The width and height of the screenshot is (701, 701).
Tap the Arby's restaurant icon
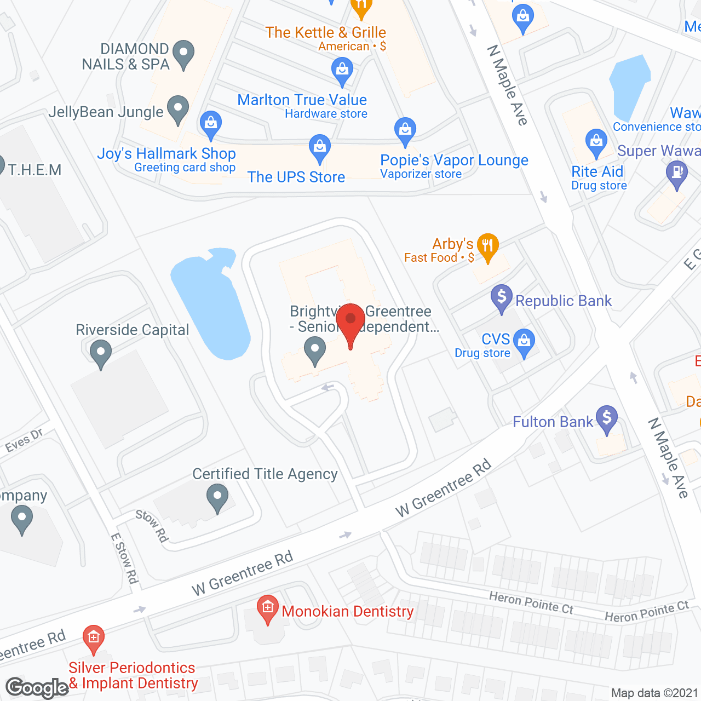point(487,246)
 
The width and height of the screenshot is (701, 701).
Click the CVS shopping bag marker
point(524,342)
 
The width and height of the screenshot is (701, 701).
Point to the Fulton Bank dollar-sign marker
point(606,418)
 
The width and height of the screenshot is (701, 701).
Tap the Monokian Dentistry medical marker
point(267,608)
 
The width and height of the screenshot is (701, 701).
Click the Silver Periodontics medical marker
point(94,638)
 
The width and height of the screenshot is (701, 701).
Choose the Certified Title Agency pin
point(217,498)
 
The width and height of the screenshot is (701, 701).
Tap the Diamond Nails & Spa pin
point(183,54)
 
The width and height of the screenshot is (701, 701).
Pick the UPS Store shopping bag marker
point(319,148)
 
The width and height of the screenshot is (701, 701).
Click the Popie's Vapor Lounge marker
point(405,131)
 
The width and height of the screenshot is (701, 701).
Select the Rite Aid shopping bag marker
point(596,142)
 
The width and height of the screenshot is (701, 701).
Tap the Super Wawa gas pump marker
point(677,174)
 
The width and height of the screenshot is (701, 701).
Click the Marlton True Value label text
point(302,100)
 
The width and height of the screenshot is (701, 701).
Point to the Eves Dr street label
point(24,441)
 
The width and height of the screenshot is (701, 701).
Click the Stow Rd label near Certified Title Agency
point(152,526)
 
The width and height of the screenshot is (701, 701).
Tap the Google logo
point(37,688)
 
